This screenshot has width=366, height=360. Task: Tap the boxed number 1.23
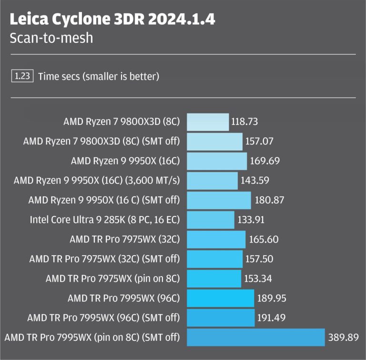click(x=22, y=75)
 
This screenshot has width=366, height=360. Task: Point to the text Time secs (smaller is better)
click(x=99, y=76)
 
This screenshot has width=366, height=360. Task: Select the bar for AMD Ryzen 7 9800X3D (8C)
click(x=208, y=122)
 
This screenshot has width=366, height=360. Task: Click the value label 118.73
click(x=244, y=122)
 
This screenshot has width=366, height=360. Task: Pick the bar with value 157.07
click(x=215, y=142)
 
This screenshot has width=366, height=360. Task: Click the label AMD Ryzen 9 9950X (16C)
click(x=125, y=161)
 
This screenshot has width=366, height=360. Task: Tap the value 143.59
click(x=254, y=181)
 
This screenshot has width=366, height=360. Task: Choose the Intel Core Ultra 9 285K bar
click(x=211, y=220)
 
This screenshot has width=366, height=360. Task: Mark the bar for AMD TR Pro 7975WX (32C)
click(x=216, y=239)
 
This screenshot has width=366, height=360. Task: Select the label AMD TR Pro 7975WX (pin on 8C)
click(x=113, y=278)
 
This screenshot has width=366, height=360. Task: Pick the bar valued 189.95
click(x=220, y=298)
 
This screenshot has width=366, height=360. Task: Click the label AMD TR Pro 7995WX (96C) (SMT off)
click(x=104, y=318)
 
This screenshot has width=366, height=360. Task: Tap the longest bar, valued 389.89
click(x=255, y=337)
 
